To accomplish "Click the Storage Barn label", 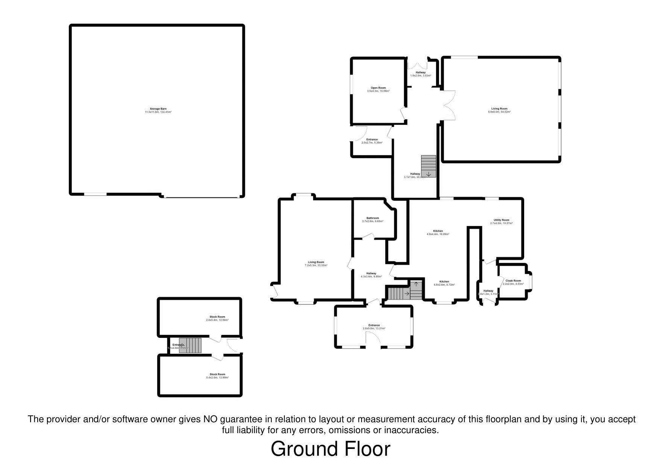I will click(x=158, y=110).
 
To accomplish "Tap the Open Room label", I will click(x=378, y=89).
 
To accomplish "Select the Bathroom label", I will click(x=373, y=219).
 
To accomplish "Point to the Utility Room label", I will click(x=501, y=221).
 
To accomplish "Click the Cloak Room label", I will click(x=513, y=282).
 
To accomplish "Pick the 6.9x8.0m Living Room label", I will click(x=499, y=110).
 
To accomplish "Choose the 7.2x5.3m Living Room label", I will click(x=316, y=263).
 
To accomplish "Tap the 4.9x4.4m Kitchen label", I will click(x=438, y=232).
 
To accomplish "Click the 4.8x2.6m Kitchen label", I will click(x=444, y=283).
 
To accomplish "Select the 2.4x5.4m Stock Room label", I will click(x=217, y=318).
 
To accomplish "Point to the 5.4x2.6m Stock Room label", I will click(x=217, y=376).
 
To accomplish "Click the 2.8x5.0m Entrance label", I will click(x=374, y=327).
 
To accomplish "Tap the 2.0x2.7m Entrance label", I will click(x=372, y=141).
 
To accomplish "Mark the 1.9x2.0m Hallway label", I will click(x=420, y=74).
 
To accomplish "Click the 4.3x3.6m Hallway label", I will click(x=371, y=275).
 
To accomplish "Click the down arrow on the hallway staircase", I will click(x=429, y=174).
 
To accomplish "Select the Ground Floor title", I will click(x=330, y=449).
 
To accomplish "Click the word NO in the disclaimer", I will click(x=210, y=419).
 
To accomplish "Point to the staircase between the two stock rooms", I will click(x=190, y=345).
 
